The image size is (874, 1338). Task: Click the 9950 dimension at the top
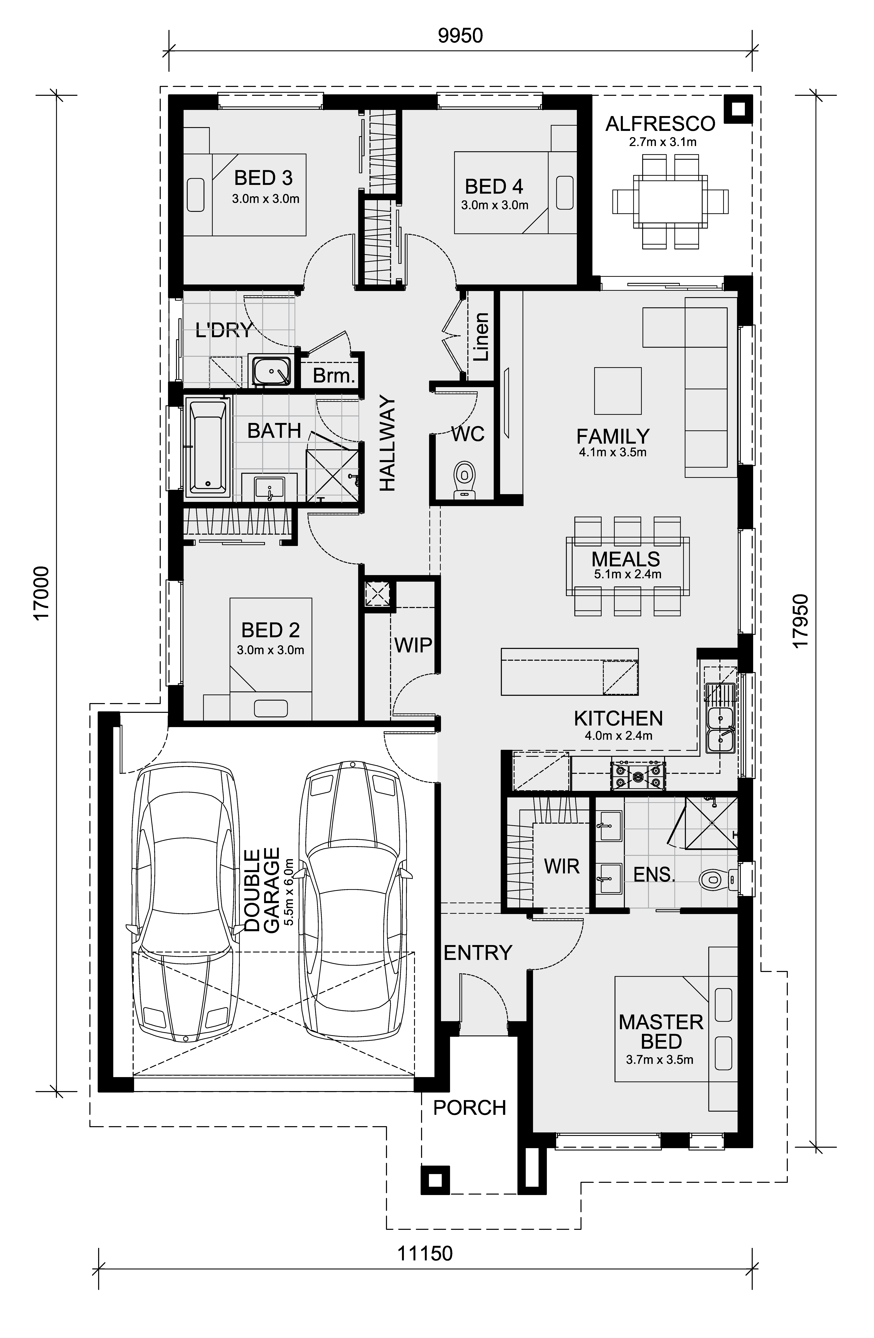[x=460, y=36]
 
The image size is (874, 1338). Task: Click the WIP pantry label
[x=413, y=645]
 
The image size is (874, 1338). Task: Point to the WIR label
[x=562, y=866]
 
